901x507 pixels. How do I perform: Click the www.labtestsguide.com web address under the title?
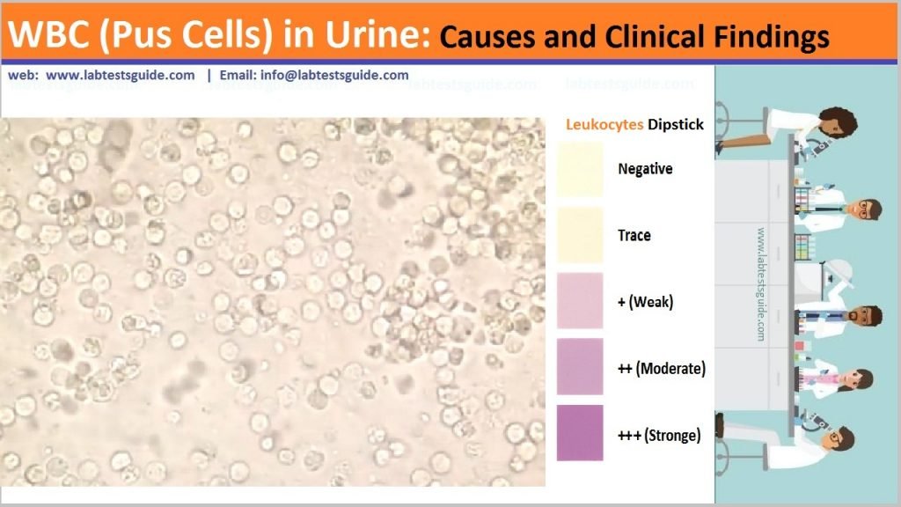(121, 76)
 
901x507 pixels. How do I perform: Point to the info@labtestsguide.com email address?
(334, 76)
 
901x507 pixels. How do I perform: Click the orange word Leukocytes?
(604, 125)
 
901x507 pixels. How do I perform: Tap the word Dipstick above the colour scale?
(676, 125)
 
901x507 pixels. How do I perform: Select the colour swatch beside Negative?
(580, 168)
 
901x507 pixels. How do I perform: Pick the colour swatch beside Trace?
(580, 235)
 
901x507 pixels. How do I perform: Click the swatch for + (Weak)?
(580, 301)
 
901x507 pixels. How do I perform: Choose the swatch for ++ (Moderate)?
(580, 367)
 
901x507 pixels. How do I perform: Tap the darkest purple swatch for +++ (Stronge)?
(580, 433)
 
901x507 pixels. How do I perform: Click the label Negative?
(646, 169)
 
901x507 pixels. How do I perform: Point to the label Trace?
(634, 235)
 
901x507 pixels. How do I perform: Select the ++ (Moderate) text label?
(662, 368)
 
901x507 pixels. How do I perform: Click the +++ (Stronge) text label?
(659, 434)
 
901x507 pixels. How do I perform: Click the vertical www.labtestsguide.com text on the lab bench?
(760, 286)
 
